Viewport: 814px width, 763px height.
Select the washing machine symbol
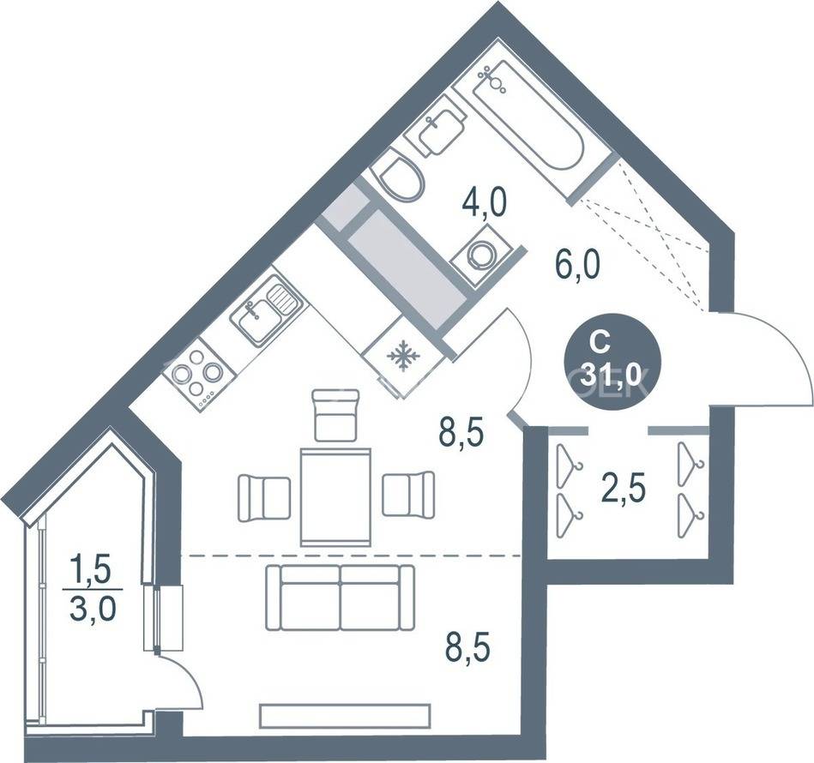tap(480, 255)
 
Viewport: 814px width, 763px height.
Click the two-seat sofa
tap(340, 598)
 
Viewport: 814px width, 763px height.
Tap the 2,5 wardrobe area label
tap(624, 490)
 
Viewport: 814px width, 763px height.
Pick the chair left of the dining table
tap(264, 498)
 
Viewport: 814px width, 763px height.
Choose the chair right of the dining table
tap(408, 493)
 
